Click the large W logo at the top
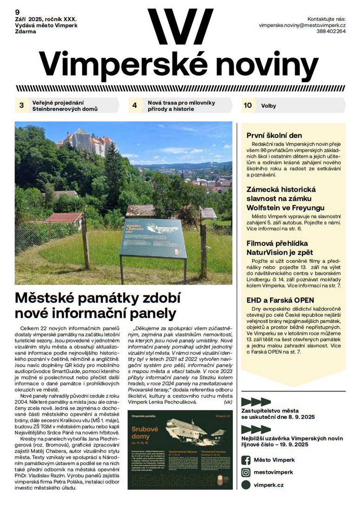[180, 26]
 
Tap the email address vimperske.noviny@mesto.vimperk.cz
[302, 25]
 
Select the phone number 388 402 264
[332, 32]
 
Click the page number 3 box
[21, 106]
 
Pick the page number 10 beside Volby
[248, 105]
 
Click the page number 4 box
[135, 106]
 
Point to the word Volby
[269, 106]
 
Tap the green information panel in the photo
[153, 237]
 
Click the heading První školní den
[274, 135]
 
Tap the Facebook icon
[246, 459]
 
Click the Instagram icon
[246, 472]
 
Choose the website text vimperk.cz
[269, 485]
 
